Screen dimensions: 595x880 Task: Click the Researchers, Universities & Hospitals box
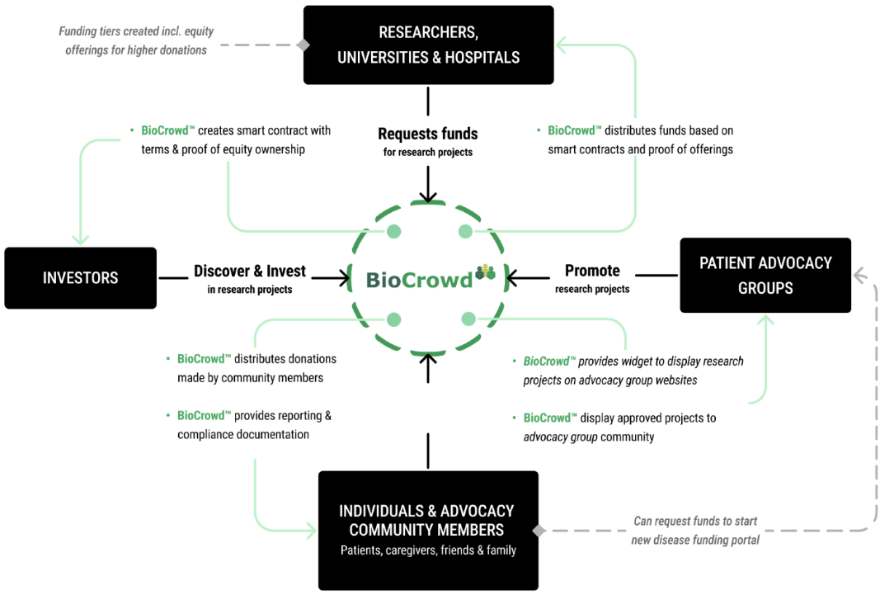coord(428,45)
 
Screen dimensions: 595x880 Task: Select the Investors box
coord(80,278)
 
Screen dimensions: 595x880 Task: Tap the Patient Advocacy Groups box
coord(765,275)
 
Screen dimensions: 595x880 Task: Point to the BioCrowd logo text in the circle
coord(420,279)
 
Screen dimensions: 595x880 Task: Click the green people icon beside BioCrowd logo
coord(486,272)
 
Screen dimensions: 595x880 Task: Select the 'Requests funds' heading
coord(427,134)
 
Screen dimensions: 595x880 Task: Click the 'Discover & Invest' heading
coord(249,271)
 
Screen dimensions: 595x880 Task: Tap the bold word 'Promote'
coord(591,271)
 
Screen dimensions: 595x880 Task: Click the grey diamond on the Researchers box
coord(304,45)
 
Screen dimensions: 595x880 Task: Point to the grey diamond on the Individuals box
coord(539,531)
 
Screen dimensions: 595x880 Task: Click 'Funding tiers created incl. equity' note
coord(136,31)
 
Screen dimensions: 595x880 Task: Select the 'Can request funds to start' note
coord(695,522)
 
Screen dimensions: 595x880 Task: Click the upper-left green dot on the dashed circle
coord(394,232)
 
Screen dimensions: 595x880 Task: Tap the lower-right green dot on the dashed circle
coord(468,319)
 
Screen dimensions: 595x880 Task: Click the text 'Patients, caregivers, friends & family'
coord(428,550)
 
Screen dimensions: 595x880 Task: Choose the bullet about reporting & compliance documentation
coord(253,425)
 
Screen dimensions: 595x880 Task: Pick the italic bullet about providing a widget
coord(633,371)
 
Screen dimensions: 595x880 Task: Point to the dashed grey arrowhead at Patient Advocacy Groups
coord(860,275)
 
